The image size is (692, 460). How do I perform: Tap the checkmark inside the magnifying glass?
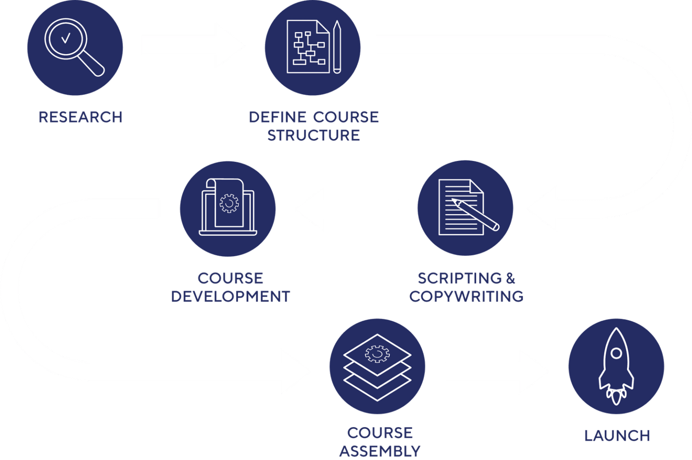click(x=66, y=39)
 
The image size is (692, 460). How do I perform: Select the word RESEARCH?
click(x=80, y=117)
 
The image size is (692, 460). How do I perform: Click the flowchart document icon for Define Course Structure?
click(x=309, y=47)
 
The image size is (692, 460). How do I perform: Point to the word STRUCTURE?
click(x=314, y=135)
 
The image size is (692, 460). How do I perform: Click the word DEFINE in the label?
click(x=277, y=117)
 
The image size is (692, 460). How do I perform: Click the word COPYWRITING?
click(x=466, y=296)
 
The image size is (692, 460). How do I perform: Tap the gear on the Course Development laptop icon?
click(x=229, y=204)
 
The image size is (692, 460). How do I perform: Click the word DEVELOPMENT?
click(x=231, y=296)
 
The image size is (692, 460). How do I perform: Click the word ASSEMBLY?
click(x=380, y=451)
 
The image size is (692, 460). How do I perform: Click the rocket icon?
click(x=616, y=365)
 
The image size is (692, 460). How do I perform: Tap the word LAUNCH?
click(x=617, y=436)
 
